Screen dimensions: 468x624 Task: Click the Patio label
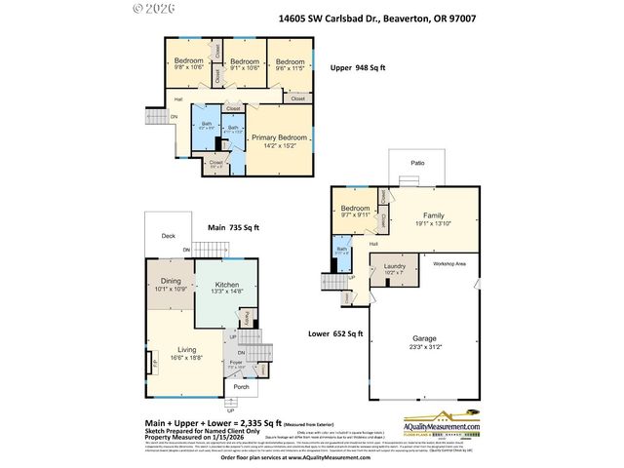tap(417, 164)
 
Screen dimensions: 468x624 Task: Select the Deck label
tap(168, 235)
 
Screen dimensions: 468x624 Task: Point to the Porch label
tap(241, 386)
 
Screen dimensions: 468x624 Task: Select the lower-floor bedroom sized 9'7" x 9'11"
tap(355, 212)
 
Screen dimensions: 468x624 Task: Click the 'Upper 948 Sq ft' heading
tap(359, 68)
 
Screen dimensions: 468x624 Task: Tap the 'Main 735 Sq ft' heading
tap(233, 227)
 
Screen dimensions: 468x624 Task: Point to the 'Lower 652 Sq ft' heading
tap(336, 333)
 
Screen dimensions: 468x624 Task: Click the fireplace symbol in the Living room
tap(153, 365)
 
